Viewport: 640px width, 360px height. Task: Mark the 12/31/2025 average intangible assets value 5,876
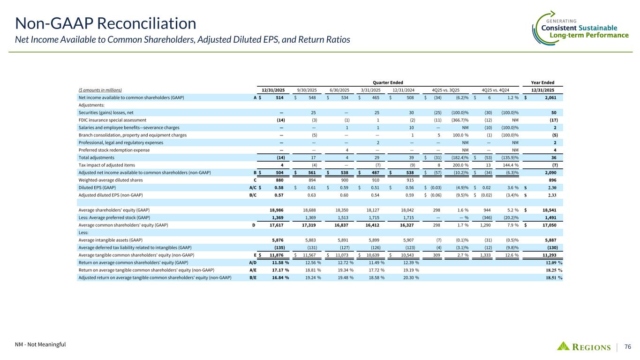tap(279, 240)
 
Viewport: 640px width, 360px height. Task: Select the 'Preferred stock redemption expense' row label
tap(114, 150)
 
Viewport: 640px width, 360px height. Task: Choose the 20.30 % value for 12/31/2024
tap(407, 277)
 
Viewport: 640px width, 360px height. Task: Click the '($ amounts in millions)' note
tap(100, 90)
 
